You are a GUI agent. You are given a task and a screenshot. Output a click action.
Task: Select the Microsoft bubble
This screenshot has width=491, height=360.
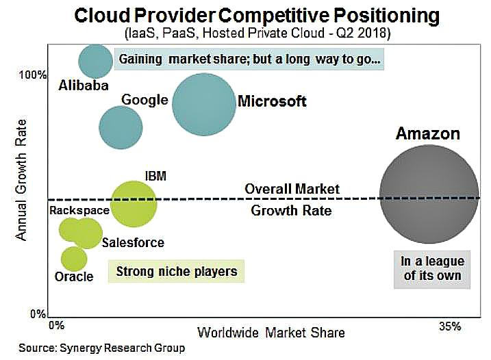point(203,103)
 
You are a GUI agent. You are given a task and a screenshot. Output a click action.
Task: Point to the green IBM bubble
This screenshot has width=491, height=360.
point(134,203)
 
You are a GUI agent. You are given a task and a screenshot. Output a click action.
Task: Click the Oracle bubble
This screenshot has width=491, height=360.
point(74,258)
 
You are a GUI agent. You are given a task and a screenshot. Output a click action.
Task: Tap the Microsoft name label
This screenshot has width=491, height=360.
point(271,102)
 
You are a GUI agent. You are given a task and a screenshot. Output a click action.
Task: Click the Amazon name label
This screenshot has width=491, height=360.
point(427,133)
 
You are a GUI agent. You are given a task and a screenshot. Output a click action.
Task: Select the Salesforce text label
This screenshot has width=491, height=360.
point(133,242)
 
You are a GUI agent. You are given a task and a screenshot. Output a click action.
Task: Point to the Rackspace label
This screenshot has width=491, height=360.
point(79,210)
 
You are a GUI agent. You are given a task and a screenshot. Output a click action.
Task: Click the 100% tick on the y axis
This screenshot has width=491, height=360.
point(36,74)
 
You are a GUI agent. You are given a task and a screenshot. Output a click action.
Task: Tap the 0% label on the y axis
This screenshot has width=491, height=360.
point(39,314)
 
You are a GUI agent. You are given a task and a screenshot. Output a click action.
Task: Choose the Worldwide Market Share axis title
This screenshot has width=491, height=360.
point(271,333)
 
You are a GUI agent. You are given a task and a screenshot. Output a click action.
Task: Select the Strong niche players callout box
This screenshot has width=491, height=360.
point(176,272)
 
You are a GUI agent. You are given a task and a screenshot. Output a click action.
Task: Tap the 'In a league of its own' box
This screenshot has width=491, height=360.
point(432,269)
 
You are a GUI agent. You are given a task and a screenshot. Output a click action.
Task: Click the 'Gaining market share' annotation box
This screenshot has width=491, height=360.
point(249,60)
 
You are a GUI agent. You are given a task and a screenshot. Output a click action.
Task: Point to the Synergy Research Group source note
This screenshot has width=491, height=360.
point(101,348)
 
